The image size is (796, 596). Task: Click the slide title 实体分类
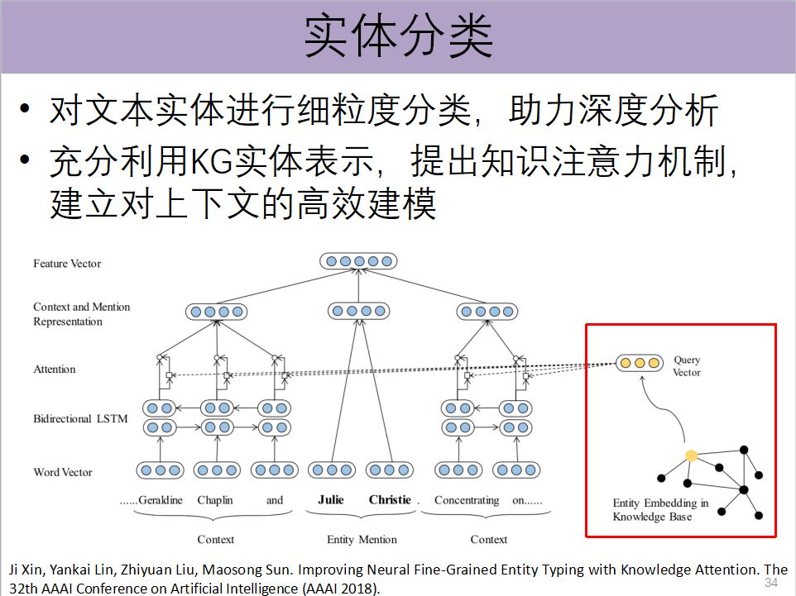pos(398,36)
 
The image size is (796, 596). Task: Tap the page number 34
pos(771,583)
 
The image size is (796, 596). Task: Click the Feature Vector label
pos(67,264)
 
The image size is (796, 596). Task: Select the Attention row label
pos(55,370)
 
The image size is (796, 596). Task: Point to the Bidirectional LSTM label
pos(80,419)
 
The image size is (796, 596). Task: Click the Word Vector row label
pos(63,473)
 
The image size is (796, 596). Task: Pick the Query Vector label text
pos(687,366)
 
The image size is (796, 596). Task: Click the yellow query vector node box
pos(640,363)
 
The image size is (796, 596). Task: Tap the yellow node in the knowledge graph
pos(691,455)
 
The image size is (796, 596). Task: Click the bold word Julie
pos(331,500)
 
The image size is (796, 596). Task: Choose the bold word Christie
pos(390,500)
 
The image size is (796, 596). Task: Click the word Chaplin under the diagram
pos(215,500)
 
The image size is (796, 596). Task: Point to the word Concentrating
pos(467,500)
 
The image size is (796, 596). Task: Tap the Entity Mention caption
pos(362,540)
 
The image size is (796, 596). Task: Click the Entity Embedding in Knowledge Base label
pos(660,510)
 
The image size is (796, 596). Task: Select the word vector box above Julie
pos(332,470)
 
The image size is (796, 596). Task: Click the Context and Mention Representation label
pos(82,314)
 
